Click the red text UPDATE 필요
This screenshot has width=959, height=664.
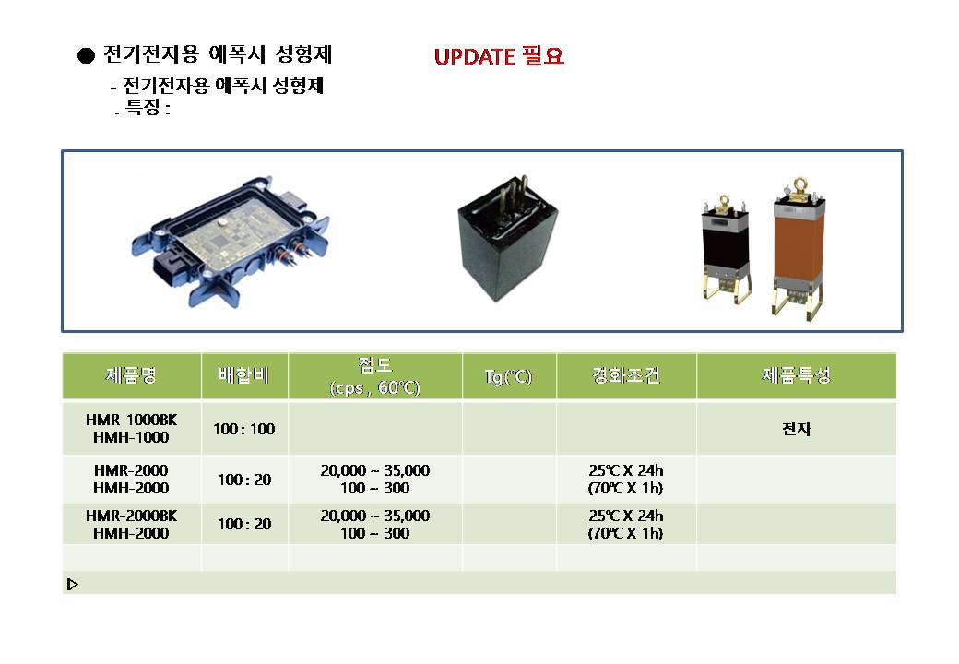[x=499, y=56]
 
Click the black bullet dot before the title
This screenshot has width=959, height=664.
[x=87, y=55]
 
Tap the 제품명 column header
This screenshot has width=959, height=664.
[x=132, y=375]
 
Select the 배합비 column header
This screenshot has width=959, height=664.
[x=244, y=375]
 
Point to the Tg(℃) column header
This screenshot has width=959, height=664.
[x=508, y=376]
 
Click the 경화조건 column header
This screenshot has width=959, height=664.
[x=626, y=375]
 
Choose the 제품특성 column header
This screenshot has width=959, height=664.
[x=797, y=375]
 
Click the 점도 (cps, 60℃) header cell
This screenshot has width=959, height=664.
[x=375, y=376]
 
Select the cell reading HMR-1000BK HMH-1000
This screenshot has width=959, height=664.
[x=132, y=429]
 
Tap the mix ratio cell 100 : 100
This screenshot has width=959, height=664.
[x=244, y=429]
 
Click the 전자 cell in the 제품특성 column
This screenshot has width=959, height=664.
[x=797, y=429]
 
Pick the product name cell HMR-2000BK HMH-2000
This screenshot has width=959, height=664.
[x=132, y=525]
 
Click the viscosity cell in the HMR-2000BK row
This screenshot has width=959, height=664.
[x=375, y=525]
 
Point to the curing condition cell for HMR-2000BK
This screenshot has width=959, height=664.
[x=626, y=525]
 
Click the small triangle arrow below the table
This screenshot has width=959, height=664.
[x=72, y=585]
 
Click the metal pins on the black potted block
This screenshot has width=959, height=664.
[x=512, y=195]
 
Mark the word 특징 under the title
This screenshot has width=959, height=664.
[x=143, y=108]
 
